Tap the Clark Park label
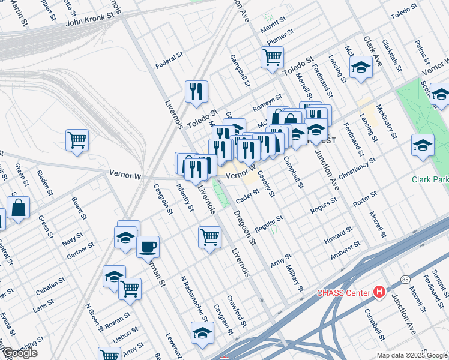[x=430, y=179]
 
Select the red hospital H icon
[x=379, y=292]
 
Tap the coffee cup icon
[x=148, y=246]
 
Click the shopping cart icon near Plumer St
[x=272, y=58]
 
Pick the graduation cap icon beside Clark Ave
[x=361, y=67]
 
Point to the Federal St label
[x=169, y=59]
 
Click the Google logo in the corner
[x=19, y=353]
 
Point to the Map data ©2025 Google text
[x=411, y=355]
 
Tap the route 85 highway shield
[x=406, y=280]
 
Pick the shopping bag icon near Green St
[x=19, y=208]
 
